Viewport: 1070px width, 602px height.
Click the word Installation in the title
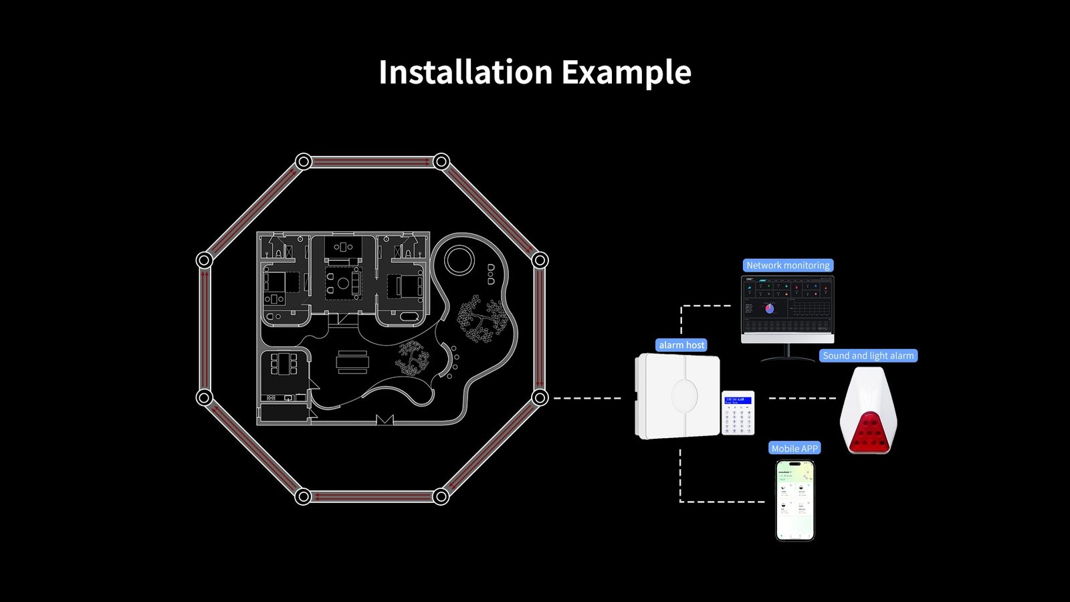pyautogui.click(x=465, y=72)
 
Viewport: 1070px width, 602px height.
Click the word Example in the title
pyautogui.click(x=626, y=72)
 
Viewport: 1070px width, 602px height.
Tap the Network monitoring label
pyautogui.click(x=788, y=266)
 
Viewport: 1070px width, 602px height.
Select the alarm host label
pyautogui.click(x=681, y=345)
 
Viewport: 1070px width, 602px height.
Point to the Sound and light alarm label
pyautogui.click(x=868, y=356)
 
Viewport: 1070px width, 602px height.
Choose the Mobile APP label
pyautogui.click(x=794, y=449)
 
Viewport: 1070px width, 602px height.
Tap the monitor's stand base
pyautogui.click(x=787, y=359)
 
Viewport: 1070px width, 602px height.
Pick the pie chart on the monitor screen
pyautogui.click(x=769, y=308)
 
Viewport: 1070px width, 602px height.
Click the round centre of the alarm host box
pyautogui.click(x=683, y=396)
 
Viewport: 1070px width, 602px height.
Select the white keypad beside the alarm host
pyautogui.click(x=738, y=413)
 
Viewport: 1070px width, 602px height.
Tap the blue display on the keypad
pyautogui.click(x=738, y=401)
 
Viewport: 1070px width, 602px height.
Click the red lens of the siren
pyautogui.click(x=868, y=432)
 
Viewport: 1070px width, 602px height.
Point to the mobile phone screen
pyautogui.click(x=795, y=500)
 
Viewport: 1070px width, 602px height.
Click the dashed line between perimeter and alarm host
pyautogui.click(x=587, y=398)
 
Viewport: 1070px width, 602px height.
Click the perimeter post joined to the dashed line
pyautogui.click(x=540, y=398)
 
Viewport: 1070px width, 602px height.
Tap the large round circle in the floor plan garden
pyautogui.click(x=459, y=260)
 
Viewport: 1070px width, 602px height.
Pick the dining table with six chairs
pyautogui.click(x=284, y=365)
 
